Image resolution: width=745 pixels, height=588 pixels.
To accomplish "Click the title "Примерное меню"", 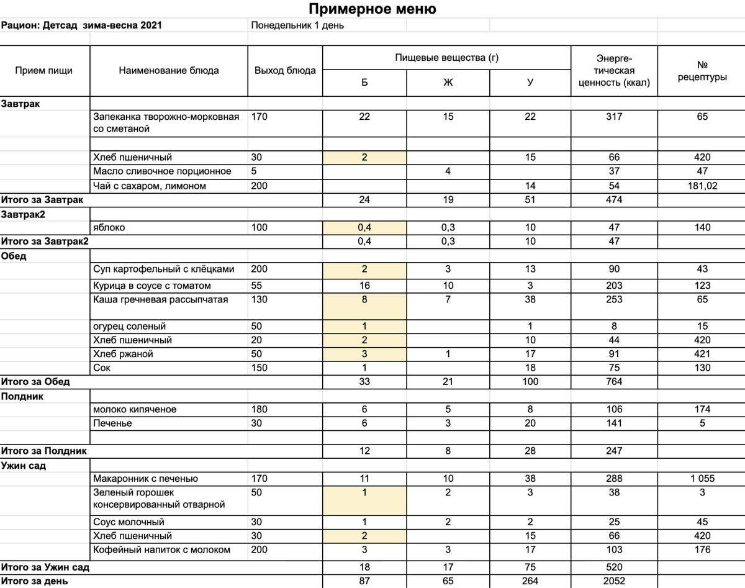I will (x=372, y=9).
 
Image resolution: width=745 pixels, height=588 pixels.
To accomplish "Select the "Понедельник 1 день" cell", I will (x=297, y=25).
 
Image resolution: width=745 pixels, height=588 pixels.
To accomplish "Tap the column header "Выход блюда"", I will (x=285, y=70).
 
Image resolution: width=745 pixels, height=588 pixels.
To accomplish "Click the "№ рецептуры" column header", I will (x=702, y=71).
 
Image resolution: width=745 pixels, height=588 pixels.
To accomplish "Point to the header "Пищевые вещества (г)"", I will (x=447, y=58).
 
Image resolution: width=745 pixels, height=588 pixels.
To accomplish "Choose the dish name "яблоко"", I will (x=109, y=227).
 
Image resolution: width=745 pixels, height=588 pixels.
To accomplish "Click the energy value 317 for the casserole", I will (x=614, y=116).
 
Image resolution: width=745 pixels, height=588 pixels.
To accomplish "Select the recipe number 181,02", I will (x=702, y=186).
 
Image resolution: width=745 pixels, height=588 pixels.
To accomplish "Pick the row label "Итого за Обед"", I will (x=35, y=381).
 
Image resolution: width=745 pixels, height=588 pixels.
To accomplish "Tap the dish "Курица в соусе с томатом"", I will (x=152, y=286).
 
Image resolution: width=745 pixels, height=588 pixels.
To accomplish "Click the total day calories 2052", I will (x=614, y=581).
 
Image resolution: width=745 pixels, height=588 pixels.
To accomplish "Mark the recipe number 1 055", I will (x=702, y=478).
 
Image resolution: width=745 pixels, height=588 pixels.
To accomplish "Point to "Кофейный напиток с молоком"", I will (x=161, y=550).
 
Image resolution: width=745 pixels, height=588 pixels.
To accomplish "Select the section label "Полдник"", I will (x=22, y=396).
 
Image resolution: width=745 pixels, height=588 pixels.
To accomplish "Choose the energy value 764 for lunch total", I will (x=614, y=381).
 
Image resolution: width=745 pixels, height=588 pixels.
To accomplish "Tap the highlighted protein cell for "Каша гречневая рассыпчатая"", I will (x=364, y=299).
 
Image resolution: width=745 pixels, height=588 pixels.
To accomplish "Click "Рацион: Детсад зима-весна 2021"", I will (x=83, y=25).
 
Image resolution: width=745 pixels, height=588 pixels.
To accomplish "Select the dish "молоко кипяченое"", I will (x=135, y=409).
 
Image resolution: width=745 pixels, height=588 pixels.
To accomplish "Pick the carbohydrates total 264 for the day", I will (x=530, y=581).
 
